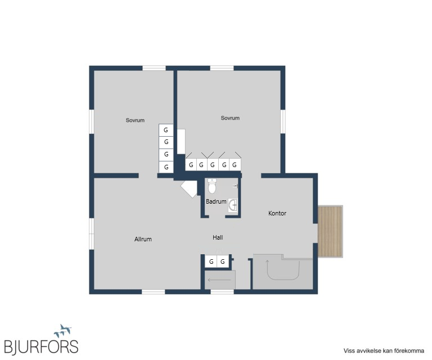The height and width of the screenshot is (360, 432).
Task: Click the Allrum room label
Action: pos(143,239)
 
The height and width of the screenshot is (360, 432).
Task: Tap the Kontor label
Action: pos(277,213)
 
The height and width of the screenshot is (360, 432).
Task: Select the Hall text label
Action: pos(218,237)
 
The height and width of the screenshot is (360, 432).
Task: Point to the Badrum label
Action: pos(216,201)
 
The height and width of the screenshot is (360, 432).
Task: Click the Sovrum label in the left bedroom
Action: pos(135,120)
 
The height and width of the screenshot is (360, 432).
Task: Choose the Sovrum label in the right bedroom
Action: pos(230,118)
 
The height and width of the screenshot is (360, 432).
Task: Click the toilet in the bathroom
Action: pos(212,186)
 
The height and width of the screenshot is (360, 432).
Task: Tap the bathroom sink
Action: pos(233,205)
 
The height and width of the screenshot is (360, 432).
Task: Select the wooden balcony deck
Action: pos(330,231)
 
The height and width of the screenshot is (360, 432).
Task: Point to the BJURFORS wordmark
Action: pos(41,346)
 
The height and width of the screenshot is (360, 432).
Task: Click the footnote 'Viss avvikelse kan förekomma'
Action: pos(384,351)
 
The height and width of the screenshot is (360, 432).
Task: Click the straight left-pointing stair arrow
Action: pos(219,280)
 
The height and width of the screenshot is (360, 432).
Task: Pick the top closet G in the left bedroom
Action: pos(166,130)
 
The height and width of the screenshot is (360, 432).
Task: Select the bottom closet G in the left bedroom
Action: pos(166,167)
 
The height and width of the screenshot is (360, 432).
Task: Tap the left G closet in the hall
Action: pos(211,262)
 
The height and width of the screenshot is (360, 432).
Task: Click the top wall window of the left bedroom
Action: pos(154,68)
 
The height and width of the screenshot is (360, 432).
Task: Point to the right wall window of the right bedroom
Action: pos(283,121)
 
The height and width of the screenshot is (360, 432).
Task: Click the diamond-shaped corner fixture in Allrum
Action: pos(189,189)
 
